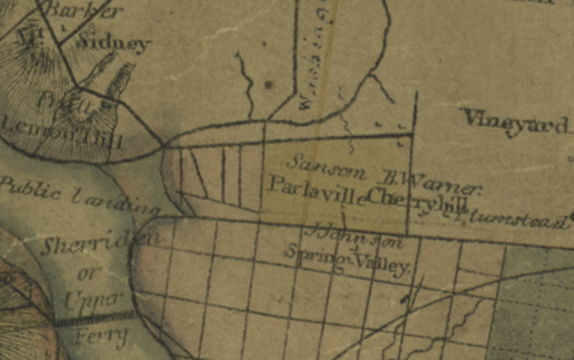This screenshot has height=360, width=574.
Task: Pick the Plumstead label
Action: (x=514, y=219)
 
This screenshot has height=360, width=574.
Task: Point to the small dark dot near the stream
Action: (x=268, y=85)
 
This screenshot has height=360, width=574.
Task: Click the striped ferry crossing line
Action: (x=93, y=320)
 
